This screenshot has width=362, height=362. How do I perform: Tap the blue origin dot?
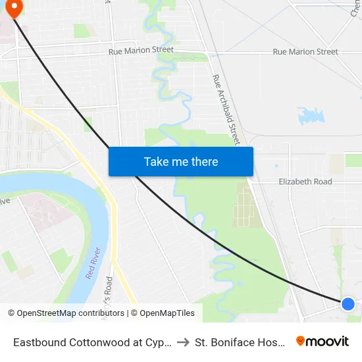pos(348,303)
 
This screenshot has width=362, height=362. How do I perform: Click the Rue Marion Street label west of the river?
pos(141,50)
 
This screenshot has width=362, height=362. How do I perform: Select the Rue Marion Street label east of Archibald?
pos(305,51)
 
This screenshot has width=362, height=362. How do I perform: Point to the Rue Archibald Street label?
pos(227,109)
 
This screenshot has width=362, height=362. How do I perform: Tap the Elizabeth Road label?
pos(305,182)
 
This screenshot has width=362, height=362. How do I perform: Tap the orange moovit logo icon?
pos(301,341)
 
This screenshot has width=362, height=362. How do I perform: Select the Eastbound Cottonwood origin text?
pos(93,342)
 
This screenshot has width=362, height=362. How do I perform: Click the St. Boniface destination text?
pos(240,342)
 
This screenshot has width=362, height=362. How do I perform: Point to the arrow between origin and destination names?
pos(184,342)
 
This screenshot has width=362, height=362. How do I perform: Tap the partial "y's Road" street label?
pos(109,288)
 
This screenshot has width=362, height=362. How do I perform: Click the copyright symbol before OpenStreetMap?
pos(12,313)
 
